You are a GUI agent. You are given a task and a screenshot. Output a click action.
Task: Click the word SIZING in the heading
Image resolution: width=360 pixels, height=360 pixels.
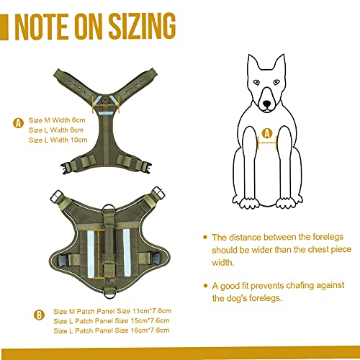click(x=143, y=26)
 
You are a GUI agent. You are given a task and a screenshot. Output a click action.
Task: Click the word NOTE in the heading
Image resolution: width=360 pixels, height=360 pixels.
click(x=41, y=27)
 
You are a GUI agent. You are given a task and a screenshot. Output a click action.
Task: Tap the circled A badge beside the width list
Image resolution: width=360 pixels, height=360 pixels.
click(x=18, y=123)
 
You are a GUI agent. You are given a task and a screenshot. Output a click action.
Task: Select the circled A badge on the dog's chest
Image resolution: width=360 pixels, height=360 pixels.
click(x=267, y=133)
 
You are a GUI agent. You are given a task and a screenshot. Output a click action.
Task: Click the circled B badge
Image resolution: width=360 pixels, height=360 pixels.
click(x=39, y=315)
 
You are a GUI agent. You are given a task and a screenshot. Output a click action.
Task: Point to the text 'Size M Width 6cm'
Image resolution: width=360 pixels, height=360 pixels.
click(x=57, y=120)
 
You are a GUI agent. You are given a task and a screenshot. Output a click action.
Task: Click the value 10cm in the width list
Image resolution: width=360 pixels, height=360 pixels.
click(x=78, y=140)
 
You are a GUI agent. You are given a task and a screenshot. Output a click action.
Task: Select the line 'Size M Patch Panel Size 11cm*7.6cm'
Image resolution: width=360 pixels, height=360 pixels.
click(x=112, y=311)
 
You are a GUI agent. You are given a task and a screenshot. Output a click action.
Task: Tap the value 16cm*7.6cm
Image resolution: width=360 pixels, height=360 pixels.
click(x=150, y=330)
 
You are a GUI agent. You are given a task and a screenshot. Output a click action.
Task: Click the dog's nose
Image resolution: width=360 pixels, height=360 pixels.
click(x=266, y=104)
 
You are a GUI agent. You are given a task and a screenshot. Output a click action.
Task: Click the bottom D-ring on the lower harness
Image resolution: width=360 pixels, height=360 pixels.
click(x=109, y=294)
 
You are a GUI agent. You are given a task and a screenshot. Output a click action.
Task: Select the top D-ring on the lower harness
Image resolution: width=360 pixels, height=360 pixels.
click(x=109, y=210)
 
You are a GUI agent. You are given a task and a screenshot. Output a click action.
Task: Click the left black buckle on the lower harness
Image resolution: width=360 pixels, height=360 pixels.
click(x=63, y=260)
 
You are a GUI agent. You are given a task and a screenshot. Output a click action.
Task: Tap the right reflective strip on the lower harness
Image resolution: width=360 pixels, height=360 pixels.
click(x=127, y=253)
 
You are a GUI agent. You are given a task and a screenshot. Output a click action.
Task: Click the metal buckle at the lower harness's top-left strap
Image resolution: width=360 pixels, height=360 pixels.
click(x=57, y=196)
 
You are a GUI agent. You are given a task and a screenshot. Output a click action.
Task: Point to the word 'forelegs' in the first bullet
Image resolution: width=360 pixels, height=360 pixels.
click(x=328, y=237)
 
